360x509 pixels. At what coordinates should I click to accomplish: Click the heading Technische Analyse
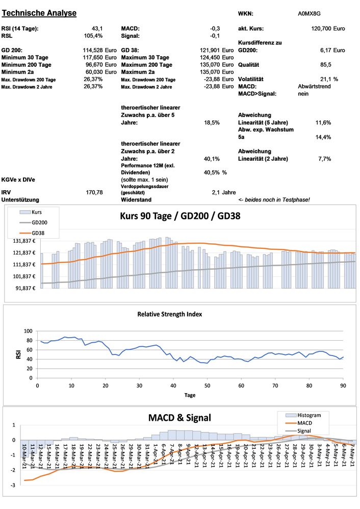tap(39, 13)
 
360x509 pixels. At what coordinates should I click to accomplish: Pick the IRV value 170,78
tap(95, 192)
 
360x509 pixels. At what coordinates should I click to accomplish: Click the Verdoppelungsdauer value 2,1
tap(215, 192)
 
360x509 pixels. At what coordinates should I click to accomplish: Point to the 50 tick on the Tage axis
tap(207, 385)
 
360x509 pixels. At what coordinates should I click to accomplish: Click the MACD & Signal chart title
tap(179, 418)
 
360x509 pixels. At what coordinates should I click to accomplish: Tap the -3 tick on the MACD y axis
tap(13, 485)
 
